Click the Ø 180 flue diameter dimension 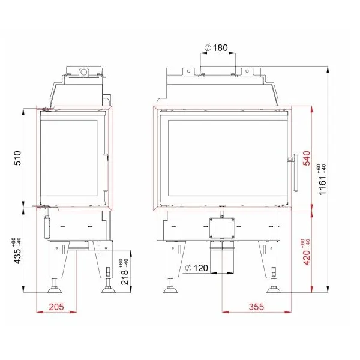[x=216, y=48]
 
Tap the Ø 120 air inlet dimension [x=197, y=268]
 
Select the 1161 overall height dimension [x=322, y=185]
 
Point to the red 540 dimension [x=307, y=158]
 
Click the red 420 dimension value [x=307, y=258]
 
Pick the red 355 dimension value [x=256, y=307]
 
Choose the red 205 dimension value [x=56, y=307]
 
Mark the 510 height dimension [x=17, y=158]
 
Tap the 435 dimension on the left [x=17, y=256]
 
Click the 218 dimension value [x=125, y=277]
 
